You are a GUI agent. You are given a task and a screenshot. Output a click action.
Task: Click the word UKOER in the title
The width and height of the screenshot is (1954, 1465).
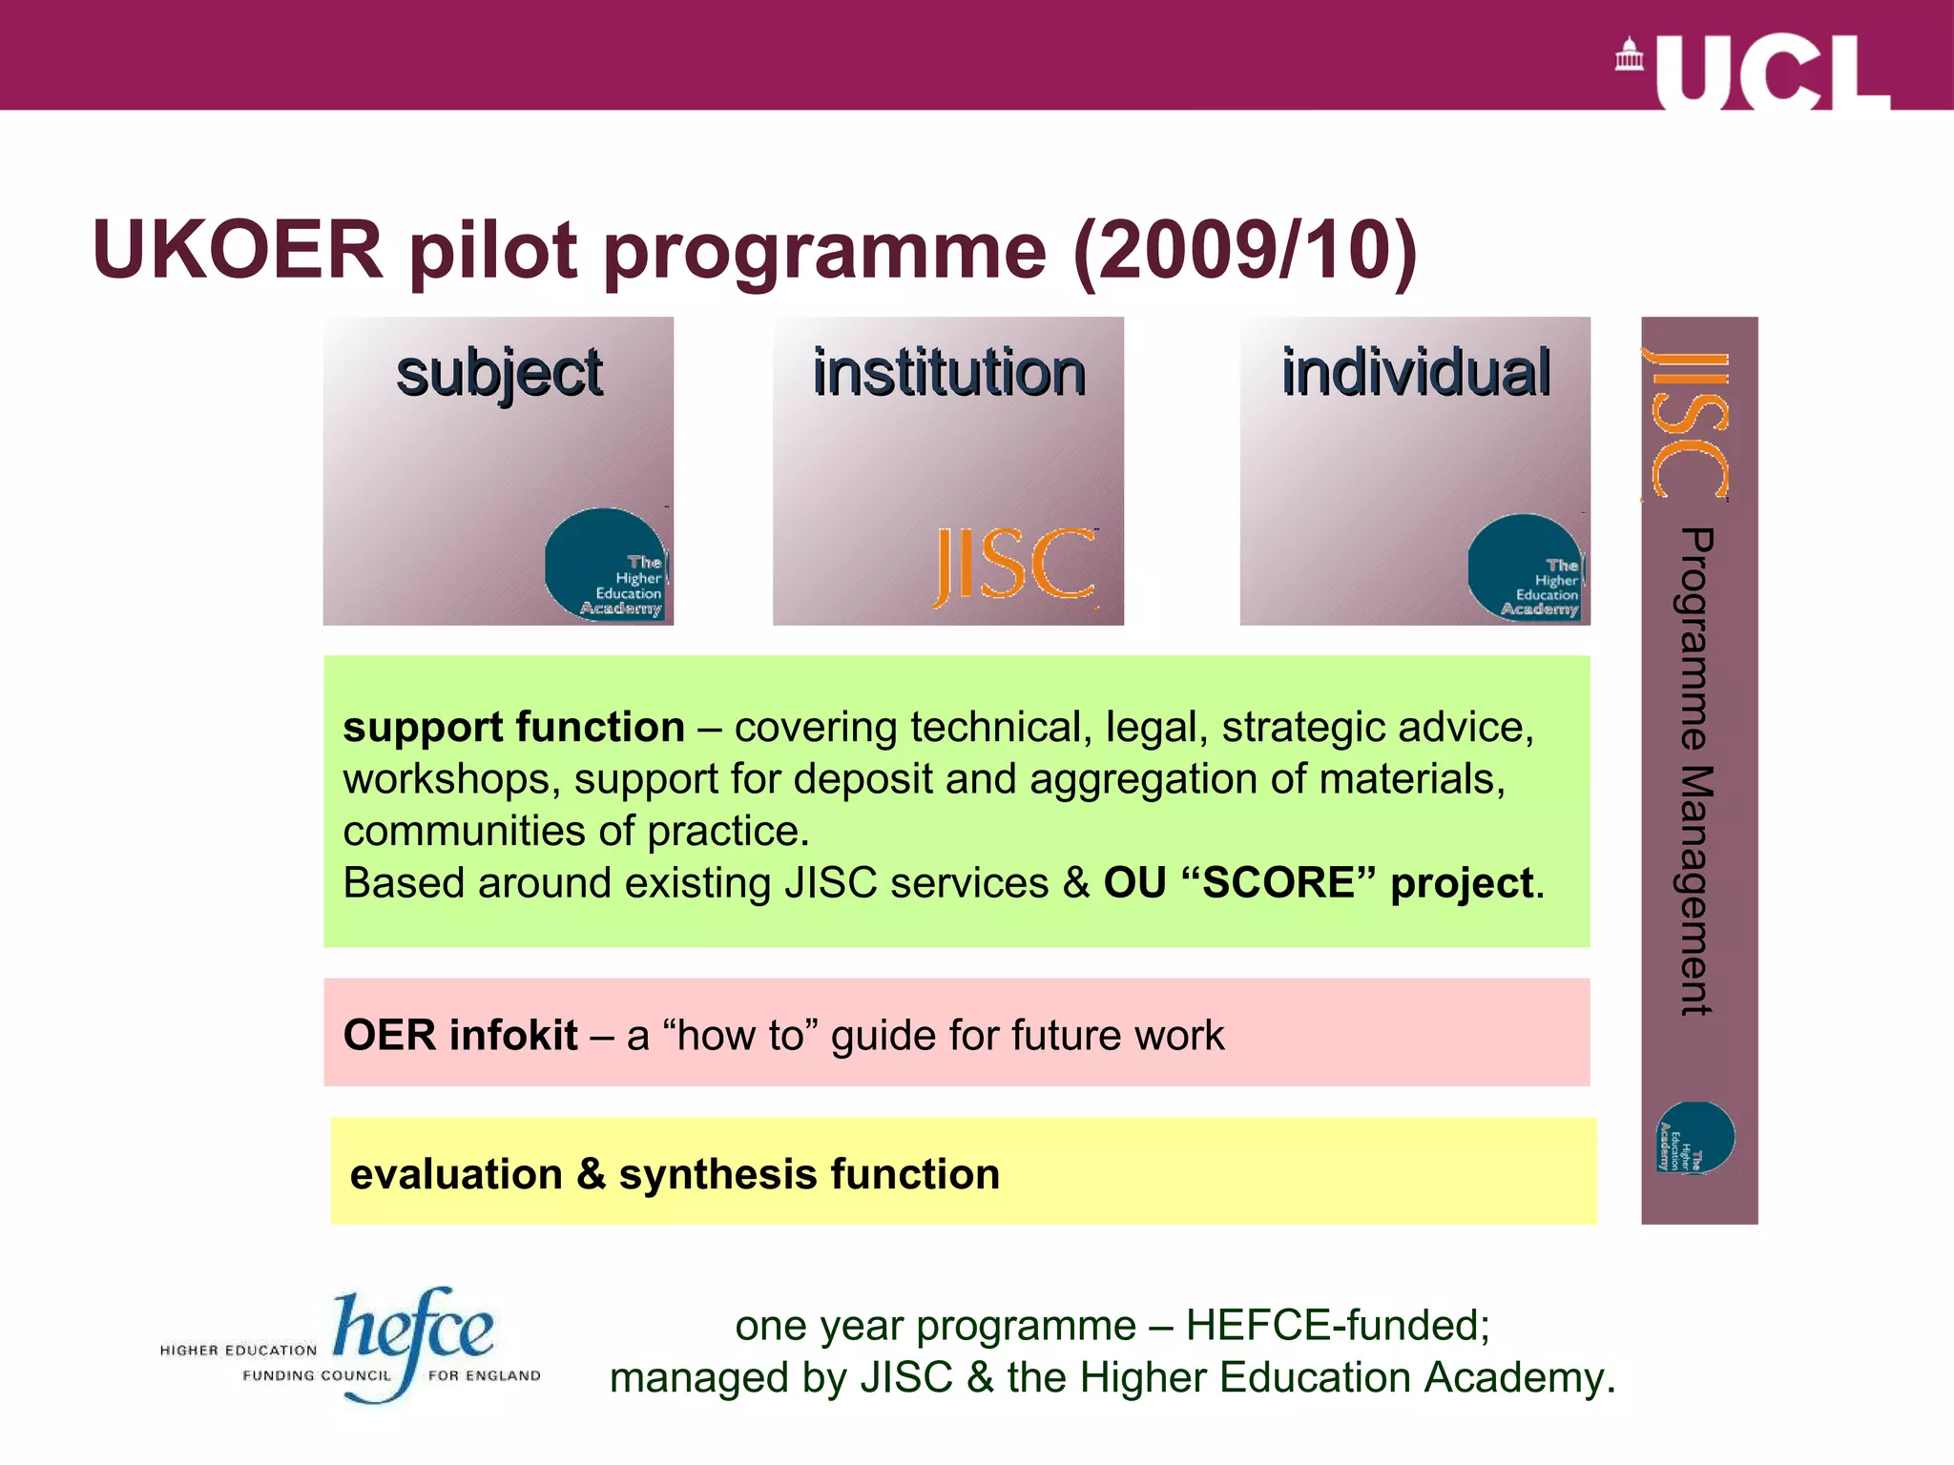(x=238, y=250)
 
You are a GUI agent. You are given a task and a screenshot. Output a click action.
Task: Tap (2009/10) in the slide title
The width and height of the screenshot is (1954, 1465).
(x=1244, y=252)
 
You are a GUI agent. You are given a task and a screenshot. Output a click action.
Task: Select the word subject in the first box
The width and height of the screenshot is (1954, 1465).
(x=499, y=374)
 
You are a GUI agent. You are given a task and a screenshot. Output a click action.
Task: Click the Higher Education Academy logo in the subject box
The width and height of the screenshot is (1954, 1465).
(x=607, y=566)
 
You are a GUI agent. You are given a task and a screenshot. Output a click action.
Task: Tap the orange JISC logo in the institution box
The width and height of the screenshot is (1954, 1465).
(x=1014, y=567)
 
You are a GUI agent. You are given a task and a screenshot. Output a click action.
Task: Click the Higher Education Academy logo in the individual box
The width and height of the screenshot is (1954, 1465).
(x=1526, y=568)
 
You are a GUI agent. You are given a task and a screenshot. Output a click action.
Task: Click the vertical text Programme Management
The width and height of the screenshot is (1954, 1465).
(x=1696, y=771)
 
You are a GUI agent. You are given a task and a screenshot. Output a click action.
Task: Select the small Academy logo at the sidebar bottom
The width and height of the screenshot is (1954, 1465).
(x=1695, y=1137)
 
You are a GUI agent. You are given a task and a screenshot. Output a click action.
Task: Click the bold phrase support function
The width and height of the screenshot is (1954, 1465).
(x=513, y=728)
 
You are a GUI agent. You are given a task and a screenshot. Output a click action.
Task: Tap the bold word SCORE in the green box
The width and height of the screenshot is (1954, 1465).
(x=1278, y=883)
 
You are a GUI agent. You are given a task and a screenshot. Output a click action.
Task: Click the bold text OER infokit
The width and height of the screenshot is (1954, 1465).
(x=460, y=1036)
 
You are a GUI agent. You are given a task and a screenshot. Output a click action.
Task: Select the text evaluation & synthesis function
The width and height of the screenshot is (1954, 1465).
(x=675, y=1174)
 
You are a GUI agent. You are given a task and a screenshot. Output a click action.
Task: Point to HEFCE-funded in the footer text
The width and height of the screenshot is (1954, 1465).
(x=1337, y=1326)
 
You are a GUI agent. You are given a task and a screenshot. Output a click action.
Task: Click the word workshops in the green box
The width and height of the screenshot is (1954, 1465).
(x=447, y=780)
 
